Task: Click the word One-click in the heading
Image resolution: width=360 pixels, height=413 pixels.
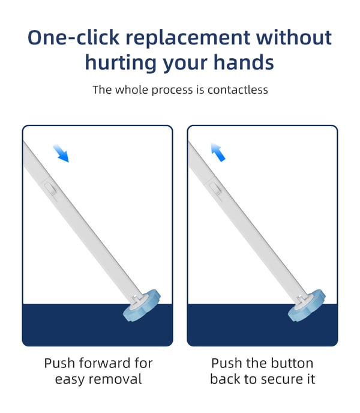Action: coord(73,37)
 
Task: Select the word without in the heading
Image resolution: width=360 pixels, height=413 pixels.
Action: coord(294,37)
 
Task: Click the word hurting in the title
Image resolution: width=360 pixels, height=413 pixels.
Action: coord(121,63)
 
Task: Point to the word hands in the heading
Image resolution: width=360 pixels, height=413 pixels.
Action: coord(244,62)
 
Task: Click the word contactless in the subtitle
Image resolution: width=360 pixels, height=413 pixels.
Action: coord(238,90)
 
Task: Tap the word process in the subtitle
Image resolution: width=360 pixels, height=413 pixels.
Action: coord(172,90)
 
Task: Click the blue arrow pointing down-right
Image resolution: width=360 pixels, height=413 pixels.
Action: coord(61,152)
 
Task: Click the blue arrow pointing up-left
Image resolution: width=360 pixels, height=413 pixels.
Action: coord(218,152)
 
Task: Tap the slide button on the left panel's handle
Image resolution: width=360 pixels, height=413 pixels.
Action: coord(50,189)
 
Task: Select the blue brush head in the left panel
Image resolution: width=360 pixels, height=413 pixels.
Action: coord(142,306)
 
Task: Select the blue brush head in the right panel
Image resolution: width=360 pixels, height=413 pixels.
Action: coord(307,306)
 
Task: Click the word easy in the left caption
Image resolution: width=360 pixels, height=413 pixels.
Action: coord(70,381)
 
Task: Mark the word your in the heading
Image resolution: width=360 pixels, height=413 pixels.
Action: coord(185,64)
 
